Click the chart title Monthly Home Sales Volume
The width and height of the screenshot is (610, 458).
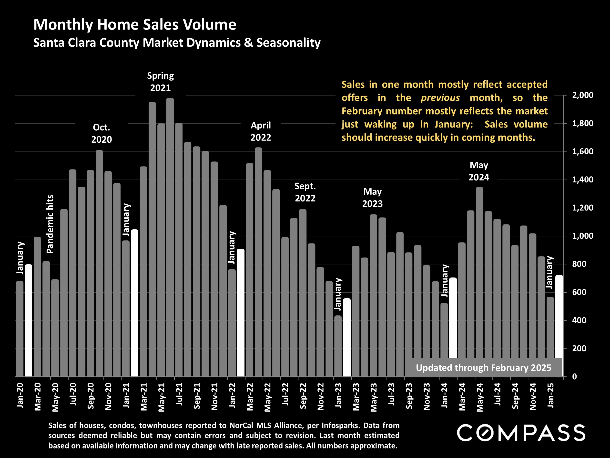click(x=135, y=25)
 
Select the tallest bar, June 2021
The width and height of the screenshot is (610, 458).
click(x=170, y=237)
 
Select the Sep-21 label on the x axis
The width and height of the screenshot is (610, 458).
click(x=197, y=396)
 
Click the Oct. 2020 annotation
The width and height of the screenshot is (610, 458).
click(x=102, y=133)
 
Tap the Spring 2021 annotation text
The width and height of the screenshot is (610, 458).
click(x=160, y=82)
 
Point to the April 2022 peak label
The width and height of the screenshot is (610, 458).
click(x=261, y=131)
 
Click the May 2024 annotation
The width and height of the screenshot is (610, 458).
click(x=479, y=171)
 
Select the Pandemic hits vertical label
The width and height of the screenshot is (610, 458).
click(x=50, y=224)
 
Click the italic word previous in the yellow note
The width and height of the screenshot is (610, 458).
click(x=440, y=98)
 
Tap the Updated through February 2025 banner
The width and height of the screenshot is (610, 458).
click(x=483, y=368)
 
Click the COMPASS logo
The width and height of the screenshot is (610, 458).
click(x=521, y=433)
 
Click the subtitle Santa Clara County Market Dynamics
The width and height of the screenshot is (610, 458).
click(x=177, y=43)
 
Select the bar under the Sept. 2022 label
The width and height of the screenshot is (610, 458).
click(x=303, y=293)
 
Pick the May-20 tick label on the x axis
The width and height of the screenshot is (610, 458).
click(x=55, y=397)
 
